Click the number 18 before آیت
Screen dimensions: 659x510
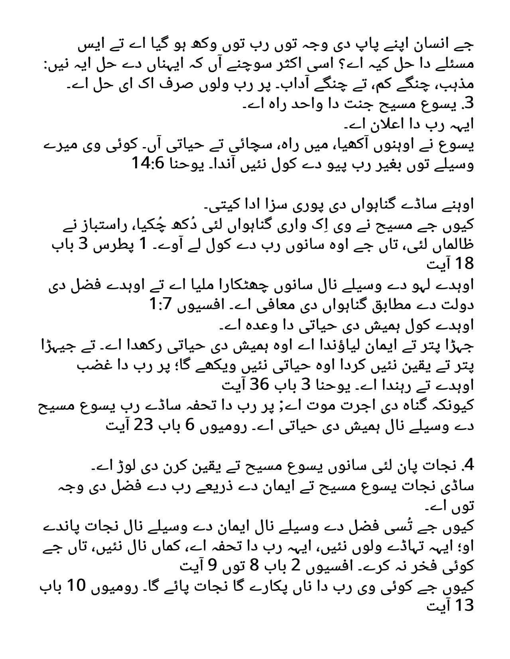[463, 263]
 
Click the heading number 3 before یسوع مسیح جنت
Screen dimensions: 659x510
[468, 103]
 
